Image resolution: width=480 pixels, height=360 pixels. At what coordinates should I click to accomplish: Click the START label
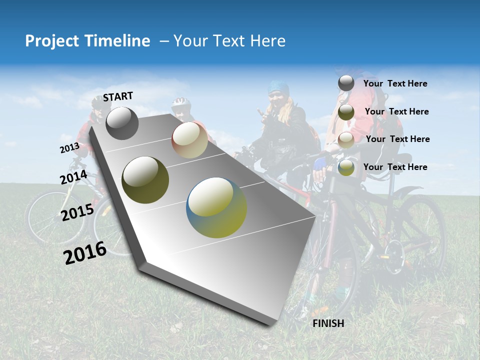pos(118,96)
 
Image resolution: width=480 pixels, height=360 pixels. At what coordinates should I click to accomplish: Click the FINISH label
pos(328,323)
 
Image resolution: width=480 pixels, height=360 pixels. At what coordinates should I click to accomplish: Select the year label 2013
pos(69,148)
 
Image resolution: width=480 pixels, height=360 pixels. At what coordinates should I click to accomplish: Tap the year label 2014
pos(74,177)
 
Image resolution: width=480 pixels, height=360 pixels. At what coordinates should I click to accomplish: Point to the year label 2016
pos(85,252)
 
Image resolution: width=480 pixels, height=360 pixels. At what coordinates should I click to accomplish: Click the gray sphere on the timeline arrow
pos(122,123)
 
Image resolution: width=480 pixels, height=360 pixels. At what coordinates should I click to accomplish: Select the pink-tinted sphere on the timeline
pos(189,140)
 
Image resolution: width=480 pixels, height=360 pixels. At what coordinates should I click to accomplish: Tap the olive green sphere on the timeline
pos(145,180)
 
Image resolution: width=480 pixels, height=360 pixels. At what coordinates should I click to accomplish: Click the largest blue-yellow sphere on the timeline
pos(216,207)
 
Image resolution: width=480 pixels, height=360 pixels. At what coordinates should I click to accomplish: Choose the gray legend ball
pos(346,83)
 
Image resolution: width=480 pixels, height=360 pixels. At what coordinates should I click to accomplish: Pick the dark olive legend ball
pos(346,112)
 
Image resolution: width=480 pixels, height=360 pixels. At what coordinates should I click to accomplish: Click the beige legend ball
pos(346,140)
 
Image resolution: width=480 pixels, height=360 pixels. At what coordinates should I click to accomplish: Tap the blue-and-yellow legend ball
pos(346,167)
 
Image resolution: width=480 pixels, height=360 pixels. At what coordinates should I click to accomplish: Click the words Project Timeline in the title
pos(87,41)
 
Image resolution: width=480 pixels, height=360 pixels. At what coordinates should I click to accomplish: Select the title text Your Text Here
pos(229,41)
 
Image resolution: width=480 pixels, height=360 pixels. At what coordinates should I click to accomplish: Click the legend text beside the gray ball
pos(395,83)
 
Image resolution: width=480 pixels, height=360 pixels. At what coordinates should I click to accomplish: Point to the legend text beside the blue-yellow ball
pos(395,167)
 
